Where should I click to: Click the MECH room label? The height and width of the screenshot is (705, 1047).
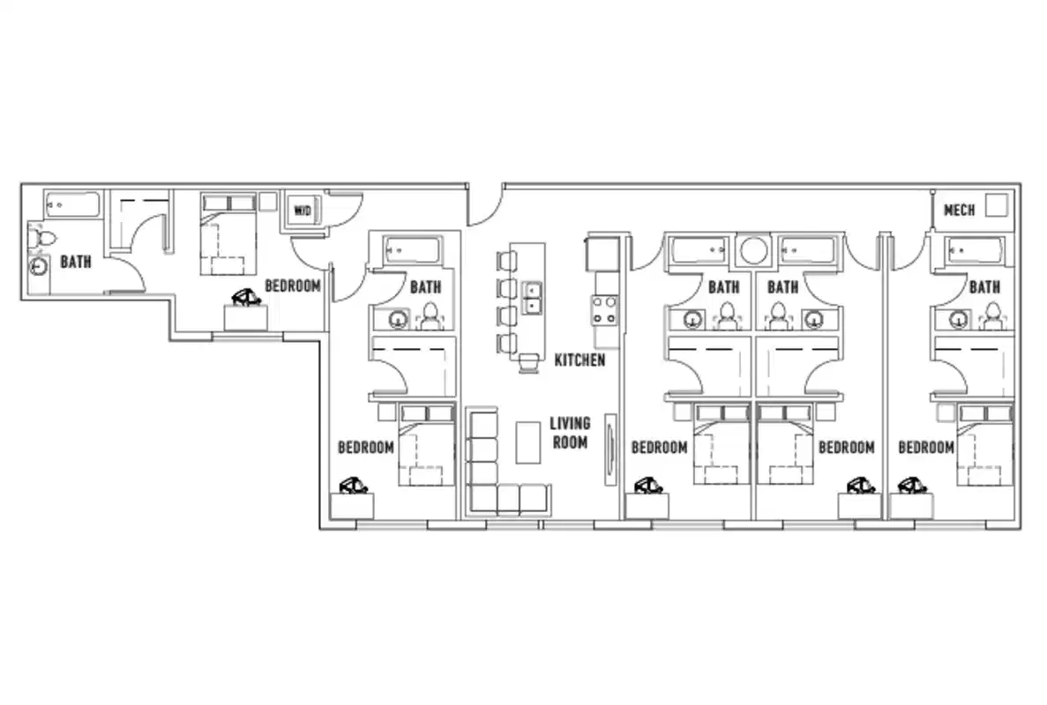tap(959, 211)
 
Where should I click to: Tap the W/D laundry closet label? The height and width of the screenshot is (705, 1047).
tap(303, 211)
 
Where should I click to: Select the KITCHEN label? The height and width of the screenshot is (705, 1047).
tap(580, 360)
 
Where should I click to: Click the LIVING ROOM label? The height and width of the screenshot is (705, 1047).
tap(569, 433)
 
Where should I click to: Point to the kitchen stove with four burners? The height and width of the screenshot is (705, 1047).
tap(604, 309)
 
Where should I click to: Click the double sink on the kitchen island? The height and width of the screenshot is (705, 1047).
tap(533, 298)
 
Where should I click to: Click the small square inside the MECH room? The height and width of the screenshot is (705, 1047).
tap(996, 205)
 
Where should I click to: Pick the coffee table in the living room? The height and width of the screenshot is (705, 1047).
tap(527, 442)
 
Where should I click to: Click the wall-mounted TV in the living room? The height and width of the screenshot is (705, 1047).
tap(609, 449)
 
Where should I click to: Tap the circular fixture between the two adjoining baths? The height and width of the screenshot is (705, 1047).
tap(752, 250)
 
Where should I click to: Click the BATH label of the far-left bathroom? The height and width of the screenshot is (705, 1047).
tap(75, 262)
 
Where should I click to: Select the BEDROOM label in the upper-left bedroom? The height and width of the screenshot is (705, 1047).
tap(293, 286)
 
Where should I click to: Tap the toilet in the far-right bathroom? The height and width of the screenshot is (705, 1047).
tap(992, 315)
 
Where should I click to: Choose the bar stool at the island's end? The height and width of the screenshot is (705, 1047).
tap(530, 362)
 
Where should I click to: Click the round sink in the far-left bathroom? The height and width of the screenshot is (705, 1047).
tap(40, 268)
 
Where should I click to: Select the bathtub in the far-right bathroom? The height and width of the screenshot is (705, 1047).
tap(975, 251)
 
